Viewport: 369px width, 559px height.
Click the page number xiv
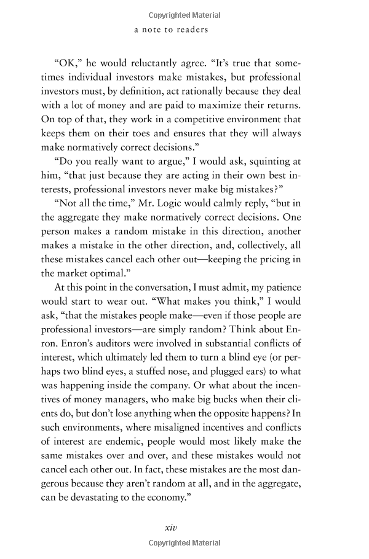pyautogui.click(x=171, y=527)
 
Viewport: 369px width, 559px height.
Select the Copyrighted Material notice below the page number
pyautogui.click(x=184, y=543)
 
